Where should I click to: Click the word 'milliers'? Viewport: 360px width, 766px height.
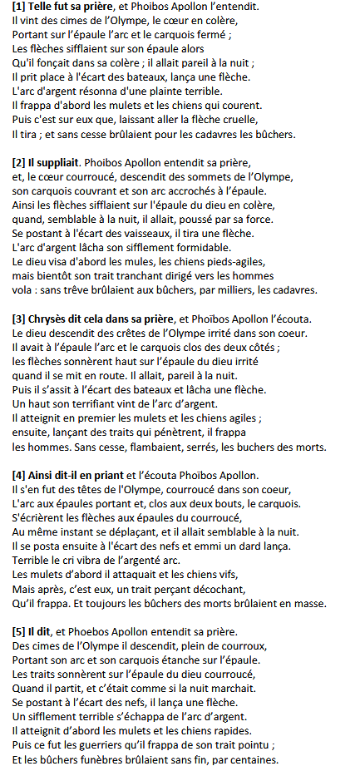(245, 290)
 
